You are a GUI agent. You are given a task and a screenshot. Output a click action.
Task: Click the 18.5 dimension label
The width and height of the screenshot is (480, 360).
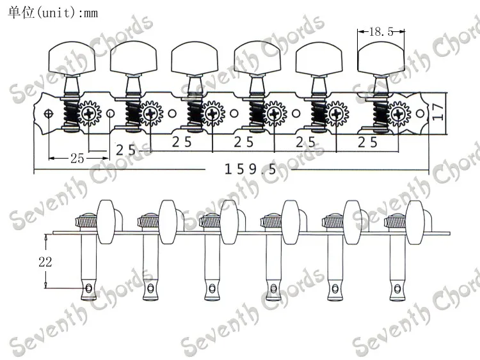[x=381, y=31]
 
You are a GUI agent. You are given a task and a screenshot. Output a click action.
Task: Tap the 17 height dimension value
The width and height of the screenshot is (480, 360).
[x=438, y=112]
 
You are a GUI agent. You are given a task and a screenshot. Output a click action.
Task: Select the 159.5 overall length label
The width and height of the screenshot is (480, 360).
[x=250, y=169]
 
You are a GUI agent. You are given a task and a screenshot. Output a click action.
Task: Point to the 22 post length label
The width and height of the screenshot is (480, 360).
[x=45, y=262]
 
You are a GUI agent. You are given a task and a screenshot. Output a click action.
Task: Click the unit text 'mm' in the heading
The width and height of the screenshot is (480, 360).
[x=91, y=13]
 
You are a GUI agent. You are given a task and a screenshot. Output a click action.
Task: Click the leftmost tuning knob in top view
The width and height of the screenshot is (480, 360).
[x=72, y=59]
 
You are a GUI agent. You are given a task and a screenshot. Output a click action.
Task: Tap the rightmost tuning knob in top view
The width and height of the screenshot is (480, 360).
[x=381, y=59]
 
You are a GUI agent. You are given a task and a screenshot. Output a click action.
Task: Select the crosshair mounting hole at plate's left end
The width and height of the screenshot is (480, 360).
[x=49, y=114]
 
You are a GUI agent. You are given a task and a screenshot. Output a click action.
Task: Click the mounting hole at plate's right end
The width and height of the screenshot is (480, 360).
[x=420, y=114]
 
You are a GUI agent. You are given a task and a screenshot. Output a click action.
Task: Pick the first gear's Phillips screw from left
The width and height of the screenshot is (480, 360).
[x=89, y=114]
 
